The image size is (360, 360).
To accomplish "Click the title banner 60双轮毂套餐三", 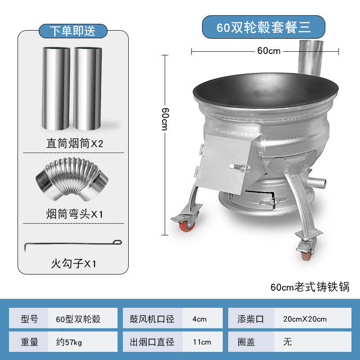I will point(263,27).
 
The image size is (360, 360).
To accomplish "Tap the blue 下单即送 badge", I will point(72,31).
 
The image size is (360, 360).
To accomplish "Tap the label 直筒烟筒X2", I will point(75,144).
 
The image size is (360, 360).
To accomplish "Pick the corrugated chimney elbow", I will point(72,182).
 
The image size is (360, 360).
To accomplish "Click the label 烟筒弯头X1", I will point(75,214).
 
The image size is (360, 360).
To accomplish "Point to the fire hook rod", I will point(72,244).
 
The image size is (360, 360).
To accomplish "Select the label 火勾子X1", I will point(74,263).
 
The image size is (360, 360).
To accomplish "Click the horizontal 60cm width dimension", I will point(269,51).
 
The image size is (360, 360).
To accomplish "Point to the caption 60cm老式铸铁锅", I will point(310,287).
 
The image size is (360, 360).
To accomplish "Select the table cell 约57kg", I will point(84,342).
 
